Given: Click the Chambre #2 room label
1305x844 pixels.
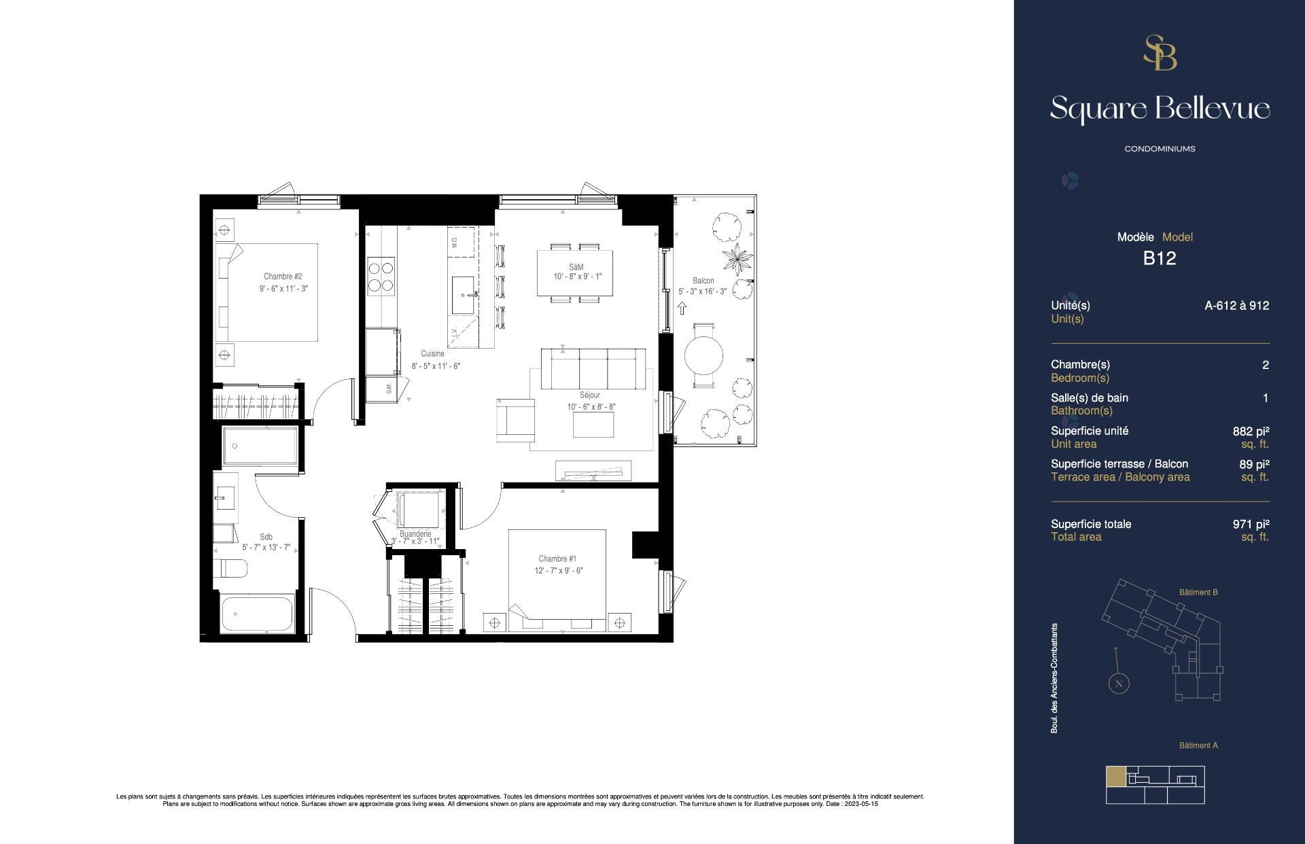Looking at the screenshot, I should click(283, 277).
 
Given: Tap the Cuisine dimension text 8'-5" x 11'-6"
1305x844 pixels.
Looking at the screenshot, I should click(436, 366).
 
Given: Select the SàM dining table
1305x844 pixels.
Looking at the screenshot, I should click(575, 273).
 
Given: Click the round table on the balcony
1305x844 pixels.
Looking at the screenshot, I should click(703, 355).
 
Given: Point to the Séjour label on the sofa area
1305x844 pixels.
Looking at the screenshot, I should click(590, 395).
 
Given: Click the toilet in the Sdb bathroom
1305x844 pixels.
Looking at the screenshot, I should click(230, 567).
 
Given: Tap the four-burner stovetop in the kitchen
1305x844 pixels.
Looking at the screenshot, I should click(381, 277).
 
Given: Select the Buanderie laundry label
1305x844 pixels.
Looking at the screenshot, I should click(415, 534).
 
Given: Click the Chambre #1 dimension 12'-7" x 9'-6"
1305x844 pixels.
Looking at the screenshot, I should click(558, 571).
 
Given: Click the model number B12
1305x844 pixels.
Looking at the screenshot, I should click(1159, 258).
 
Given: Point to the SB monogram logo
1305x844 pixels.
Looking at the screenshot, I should click(1160, 53).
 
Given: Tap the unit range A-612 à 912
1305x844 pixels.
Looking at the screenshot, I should click(1236, 306).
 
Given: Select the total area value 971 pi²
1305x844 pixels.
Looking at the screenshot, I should click(1251, 524).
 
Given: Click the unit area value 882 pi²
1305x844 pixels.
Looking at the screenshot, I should click(1251, 431).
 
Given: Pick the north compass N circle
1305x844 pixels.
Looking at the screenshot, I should click(1119, 684).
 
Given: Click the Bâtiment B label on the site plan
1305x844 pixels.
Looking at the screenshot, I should click(1198, 593).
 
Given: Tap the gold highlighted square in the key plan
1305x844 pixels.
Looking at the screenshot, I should click(1115, 776).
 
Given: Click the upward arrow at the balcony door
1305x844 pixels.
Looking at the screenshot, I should click(682, 309).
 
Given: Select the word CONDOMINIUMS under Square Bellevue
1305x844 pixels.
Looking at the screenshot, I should click(1160, 149).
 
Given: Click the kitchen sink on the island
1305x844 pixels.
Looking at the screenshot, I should click(465, 295).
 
